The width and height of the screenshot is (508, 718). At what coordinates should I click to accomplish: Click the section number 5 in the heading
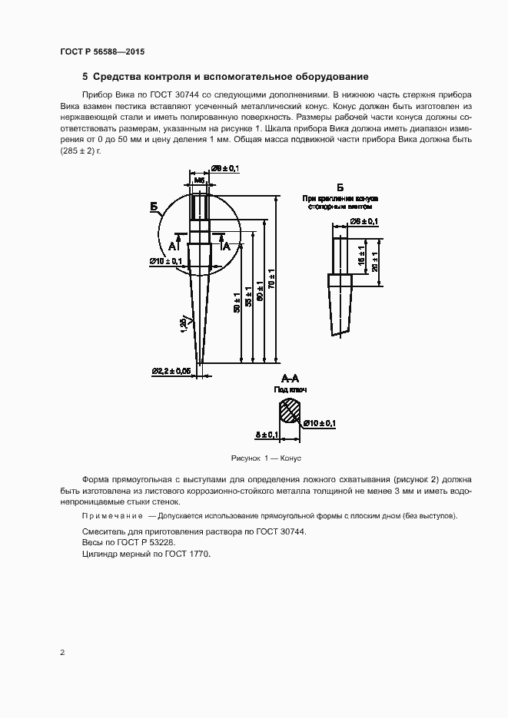tap(85, 77)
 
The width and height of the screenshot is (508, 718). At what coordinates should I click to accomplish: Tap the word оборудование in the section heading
tap(334, 77)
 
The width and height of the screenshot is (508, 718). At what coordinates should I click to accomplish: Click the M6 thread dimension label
tap(199, 180)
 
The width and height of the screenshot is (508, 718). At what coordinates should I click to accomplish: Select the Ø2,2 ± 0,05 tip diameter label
tap(171, 372)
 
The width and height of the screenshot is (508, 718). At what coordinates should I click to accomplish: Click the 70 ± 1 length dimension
tap(271, 279)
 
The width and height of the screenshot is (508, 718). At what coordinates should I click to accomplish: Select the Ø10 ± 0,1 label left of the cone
tap(166, 261)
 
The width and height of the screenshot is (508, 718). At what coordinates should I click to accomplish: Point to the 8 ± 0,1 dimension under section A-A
tap(267, 435)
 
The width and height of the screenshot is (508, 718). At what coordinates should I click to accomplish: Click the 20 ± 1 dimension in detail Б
tap(374, 262)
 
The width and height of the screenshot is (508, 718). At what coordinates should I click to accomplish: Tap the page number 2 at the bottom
tap(62, 653)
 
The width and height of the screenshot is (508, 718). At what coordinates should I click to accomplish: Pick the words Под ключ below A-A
tap(291, 390)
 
